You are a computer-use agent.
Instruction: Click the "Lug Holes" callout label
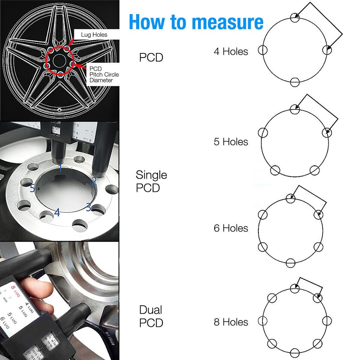point(94,35)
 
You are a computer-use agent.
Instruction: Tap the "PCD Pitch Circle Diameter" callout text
point(104,74)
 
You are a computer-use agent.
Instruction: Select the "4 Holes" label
point(231,51)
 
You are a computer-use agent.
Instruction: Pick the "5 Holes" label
point(231,141)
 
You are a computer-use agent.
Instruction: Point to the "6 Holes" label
point(231,228)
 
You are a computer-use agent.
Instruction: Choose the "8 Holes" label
point(231,322)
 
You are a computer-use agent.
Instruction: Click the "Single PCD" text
point(151,181)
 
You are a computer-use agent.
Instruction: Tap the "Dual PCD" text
point(151,316)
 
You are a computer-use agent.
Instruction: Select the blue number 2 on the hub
point(93,181)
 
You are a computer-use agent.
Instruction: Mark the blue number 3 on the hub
point(88,207)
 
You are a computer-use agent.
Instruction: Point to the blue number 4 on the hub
point(57,212)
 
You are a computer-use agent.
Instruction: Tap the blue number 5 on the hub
point(33,188)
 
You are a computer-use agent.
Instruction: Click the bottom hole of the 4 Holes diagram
point(295,82)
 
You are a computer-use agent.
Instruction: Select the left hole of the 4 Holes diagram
point(263,50)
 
